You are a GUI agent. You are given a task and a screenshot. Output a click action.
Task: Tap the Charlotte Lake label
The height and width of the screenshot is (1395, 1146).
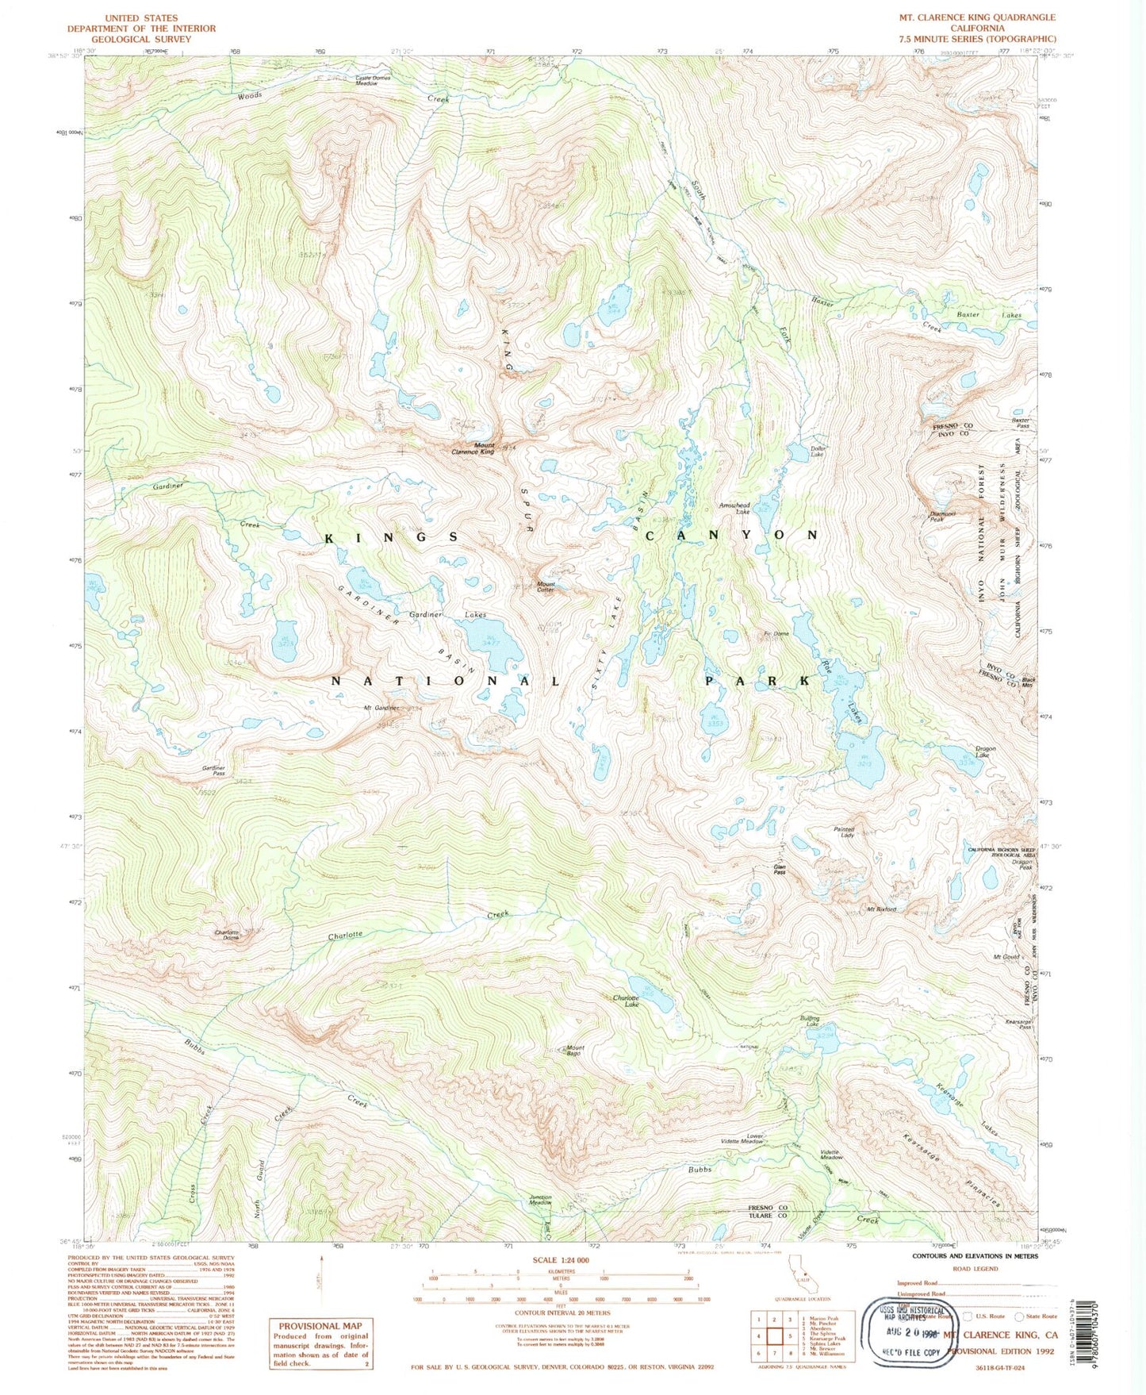pos(626,1001)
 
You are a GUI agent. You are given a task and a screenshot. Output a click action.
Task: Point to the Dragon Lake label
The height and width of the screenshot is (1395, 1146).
pos(986,751)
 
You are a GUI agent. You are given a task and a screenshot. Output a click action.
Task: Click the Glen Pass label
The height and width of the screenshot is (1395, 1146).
pos(780,870)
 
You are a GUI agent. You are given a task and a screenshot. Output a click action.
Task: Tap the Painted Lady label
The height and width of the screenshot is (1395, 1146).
pos(844,832)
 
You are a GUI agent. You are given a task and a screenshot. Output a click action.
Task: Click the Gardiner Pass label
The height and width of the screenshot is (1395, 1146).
pos(214,771)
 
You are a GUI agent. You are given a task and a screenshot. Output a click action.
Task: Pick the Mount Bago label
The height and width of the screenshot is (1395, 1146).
pos(575,1051)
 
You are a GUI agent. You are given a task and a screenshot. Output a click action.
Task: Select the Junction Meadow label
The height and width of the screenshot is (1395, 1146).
pos(540,1201)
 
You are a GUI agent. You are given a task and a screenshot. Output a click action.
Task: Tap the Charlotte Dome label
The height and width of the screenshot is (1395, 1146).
pos(227,935)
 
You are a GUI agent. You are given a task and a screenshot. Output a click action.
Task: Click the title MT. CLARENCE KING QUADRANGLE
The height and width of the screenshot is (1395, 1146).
pos(976,17)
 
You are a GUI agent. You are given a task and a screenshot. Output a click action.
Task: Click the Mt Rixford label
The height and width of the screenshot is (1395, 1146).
pos(881,909)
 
